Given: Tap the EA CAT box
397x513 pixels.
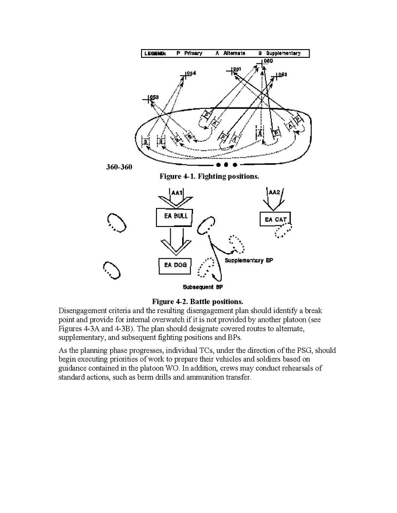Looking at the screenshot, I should (x=275, y=220).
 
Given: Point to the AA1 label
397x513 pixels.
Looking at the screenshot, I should (x=177, y=193).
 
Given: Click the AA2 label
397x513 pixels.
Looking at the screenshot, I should (x=274, y=192).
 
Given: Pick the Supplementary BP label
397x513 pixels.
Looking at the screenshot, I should (x=249, y=260).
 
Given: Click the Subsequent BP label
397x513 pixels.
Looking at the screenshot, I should (x=203, y=287).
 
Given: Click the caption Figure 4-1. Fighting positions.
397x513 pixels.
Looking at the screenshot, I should (x=209, y=176).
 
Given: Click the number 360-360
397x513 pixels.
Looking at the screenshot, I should (x=119, y=167).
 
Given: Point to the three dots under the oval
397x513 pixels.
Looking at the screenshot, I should (x=226, y=165).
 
